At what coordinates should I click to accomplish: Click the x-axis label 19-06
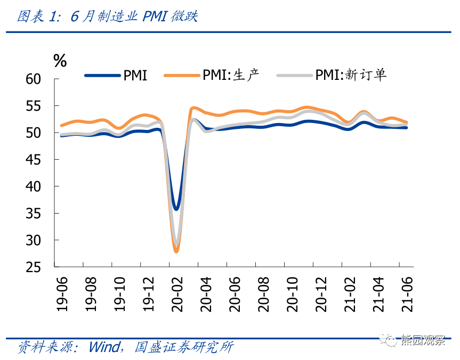pyautogui.click(x=63, y=292)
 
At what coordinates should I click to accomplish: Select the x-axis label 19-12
pyautogui.click(x=148, y=292)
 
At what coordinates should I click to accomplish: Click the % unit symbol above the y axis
pyautogui.click(x=60, y=61)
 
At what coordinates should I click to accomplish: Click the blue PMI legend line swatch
pyautogui.click(x=102, y=76)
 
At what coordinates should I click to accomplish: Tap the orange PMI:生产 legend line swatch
pyautogui.click(x=182, y=76)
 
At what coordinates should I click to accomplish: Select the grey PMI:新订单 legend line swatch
pyautogui.click(x=294, y=76)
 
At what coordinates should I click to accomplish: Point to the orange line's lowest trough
pyautogui.click(x=176, y=251)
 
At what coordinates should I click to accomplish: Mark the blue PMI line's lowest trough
pyautogui.click(x=176, y=208)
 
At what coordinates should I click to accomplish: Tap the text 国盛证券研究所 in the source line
pyautogui.click(x=183, y=347)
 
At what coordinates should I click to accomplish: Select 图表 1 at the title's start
pyautogui.click(x=36, y=17)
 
